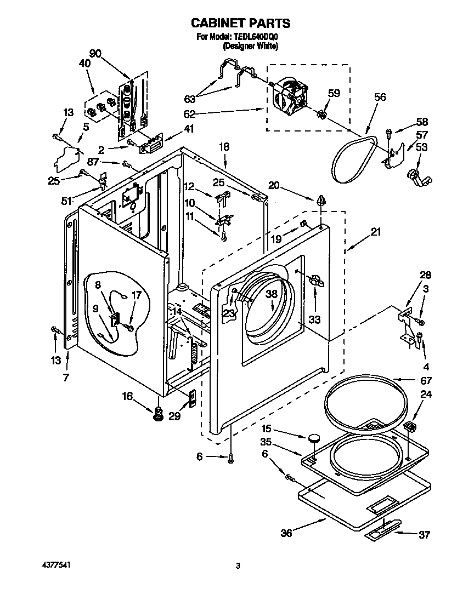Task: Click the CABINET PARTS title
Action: tap(240, 23)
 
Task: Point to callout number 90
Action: tap(95, 53)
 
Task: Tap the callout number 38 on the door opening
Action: tap(271, 294)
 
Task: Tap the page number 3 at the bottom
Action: tap(238, 566)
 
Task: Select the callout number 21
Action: tap(375, 232)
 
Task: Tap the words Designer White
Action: tap(250, 46)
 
